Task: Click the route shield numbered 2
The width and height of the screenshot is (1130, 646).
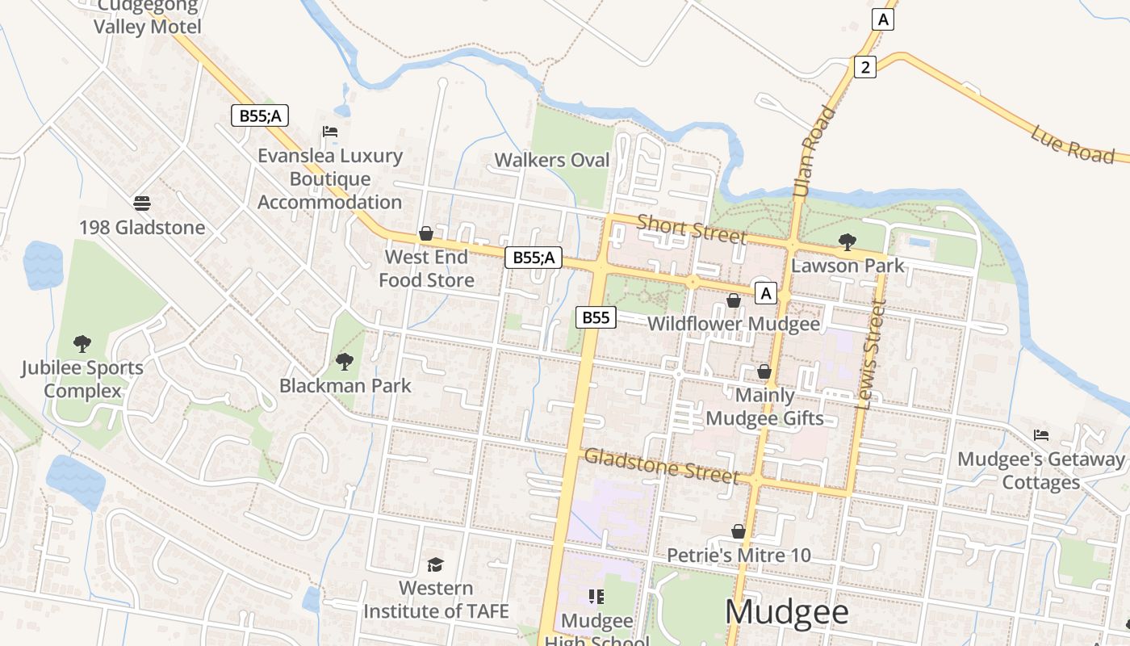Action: tap(864, 67)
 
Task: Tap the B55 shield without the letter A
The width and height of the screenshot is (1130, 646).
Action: tap(596, 317)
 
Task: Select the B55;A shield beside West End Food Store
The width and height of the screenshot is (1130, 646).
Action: tap(533, 258)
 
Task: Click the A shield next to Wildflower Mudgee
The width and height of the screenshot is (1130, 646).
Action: tap(765, 293)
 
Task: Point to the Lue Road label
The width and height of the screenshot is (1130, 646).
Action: tap(1072, 144)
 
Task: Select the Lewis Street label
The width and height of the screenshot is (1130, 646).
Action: tap(873, 354)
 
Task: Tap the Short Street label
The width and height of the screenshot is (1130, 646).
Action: tap(692, 229)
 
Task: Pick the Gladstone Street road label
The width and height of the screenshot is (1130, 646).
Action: tap(661, 466)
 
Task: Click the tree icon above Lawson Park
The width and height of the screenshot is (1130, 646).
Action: tap(847, 241)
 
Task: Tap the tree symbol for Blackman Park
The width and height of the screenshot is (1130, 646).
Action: tap(345, 361)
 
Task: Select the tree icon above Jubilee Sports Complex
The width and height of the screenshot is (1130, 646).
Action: tap(82, 344)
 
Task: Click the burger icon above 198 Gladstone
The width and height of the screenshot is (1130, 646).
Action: tap(142, 203)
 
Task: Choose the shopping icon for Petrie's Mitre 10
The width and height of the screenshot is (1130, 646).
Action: tap(738, 531)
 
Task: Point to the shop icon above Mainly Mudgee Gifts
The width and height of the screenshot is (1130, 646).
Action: tap(764, 371)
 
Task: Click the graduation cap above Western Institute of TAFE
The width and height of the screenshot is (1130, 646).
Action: tap(435, 564)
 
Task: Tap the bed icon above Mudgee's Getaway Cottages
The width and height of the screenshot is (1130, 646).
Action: tap(1041, 435)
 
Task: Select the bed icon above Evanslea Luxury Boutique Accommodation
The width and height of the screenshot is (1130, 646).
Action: tap(329, 132)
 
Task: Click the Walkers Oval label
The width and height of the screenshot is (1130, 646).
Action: tap(552, 160)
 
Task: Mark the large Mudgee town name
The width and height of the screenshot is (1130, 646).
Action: tap(787, 612)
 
